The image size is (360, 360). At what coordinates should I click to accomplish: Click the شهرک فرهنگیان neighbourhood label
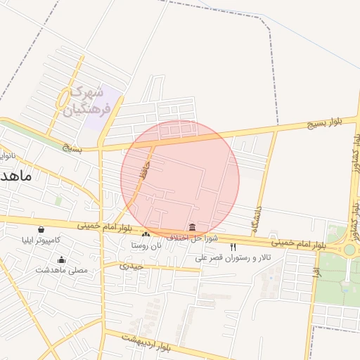point(86,101)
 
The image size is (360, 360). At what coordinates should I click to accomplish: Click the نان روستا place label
point(146,245)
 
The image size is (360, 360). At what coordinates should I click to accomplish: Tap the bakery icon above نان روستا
point(146,234)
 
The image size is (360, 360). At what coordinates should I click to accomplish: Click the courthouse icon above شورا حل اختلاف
point(193,226)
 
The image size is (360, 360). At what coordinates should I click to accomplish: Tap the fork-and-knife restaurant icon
point(233,247)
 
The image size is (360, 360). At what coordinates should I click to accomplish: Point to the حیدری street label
point(131,266)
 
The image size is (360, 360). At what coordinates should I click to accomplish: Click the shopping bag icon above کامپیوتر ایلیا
point(41,229)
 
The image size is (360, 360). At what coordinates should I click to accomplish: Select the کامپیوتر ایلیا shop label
point(41,240)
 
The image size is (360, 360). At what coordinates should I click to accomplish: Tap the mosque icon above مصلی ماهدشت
point(61,259)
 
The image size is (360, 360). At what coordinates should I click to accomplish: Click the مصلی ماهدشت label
point(61,270)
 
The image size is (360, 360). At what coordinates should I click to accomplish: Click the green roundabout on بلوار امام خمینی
point(349,250)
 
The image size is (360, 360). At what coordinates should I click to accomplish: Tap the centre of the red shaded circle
point(180,180)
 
